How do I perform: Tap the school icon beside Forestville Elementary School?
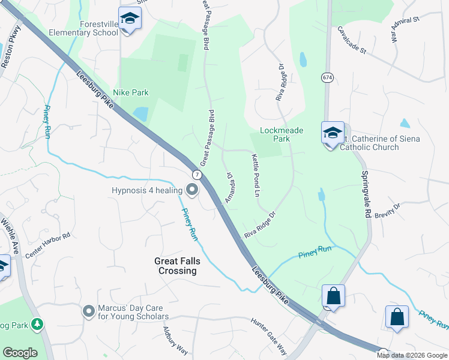click(x=128, y=19)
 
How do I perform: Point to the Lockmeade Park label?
click(x=282, y=134)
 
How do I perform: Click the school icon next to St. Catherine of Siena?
click(x=333, y=133)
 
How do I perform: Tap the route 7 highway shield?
click(x=196, y=174)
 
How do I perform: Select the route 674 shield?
click(x=327, y=78)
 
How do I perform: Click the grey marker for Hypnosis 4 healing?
click(x=192, y=190)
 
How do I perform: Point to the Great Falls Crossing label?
click(x=175, y=266)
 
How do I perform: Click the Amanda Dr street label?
click(x=229, y=187)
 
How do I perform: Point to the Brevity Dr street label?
click(x=387, y=211)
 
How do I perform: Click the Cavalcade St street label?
click(x=351, y=40)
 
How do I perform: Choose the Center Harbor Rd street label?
click(x=48, y=246)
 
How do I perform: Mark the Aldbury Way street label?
click(x=175, y=340)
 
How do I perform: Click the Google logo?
click(x=20, y=353)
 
